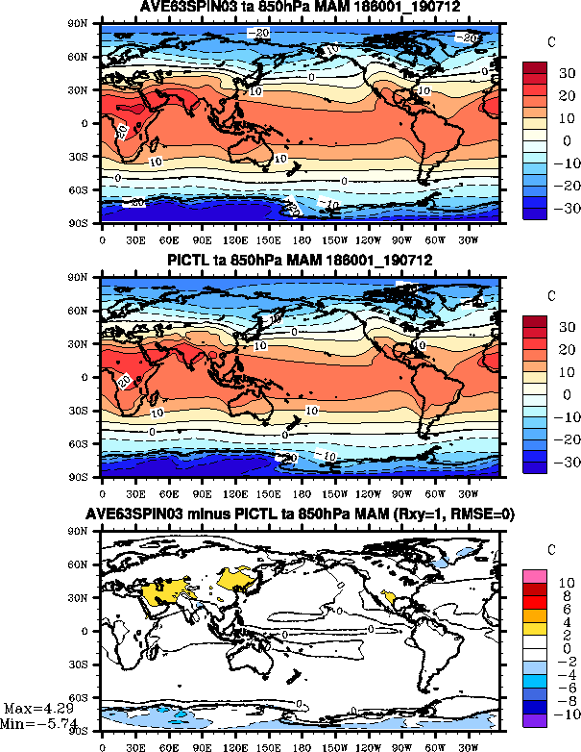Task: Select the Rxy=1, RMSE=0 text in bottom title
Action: pyautogui.click(x=455, y=515)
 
